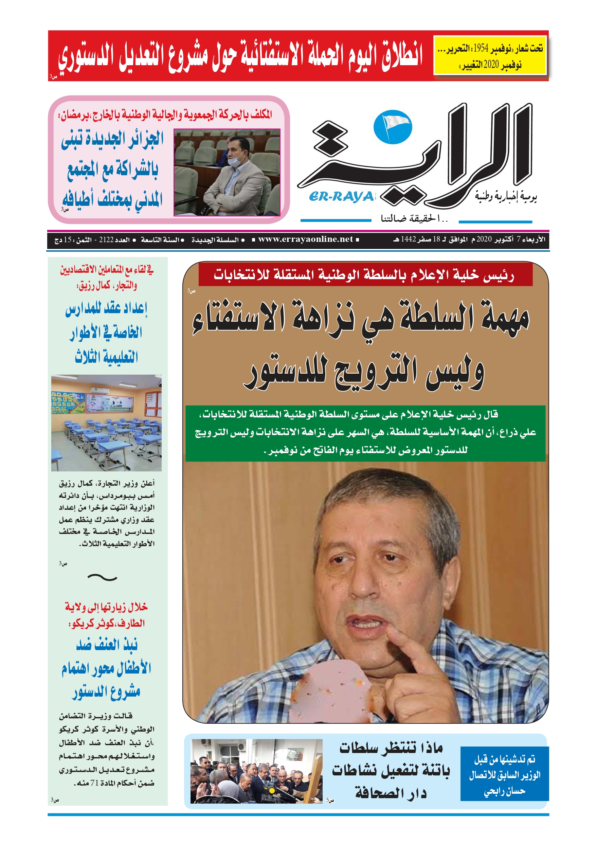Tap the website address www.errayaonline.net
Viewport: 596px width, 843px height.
pos(305,239)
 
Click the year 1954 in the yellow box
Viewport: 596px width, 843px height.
pos(480,48)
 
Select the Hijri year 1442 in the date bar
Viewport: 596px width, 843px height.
pos(408,239)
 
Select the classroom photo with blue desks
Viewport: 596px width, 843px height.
pos(106,423)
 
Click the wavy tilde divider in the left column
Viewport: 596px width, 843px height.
pos(102,577)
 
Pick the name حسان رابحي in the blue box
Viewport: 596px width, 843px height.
pos(504,791)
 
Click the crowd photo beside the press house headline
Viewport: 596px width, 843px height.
pos(256,771)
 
